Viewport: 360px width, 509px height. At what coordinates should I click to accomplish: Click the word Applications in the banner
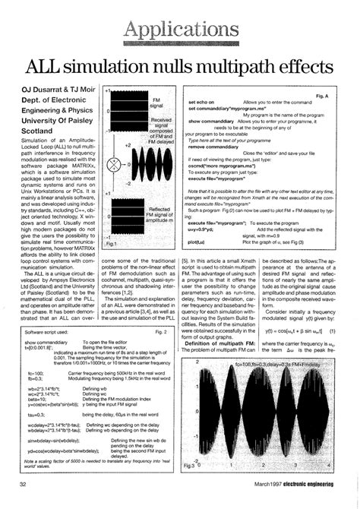179,30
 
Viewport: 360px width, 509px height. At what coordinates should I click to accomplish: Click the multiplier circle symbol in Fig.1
116,164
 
